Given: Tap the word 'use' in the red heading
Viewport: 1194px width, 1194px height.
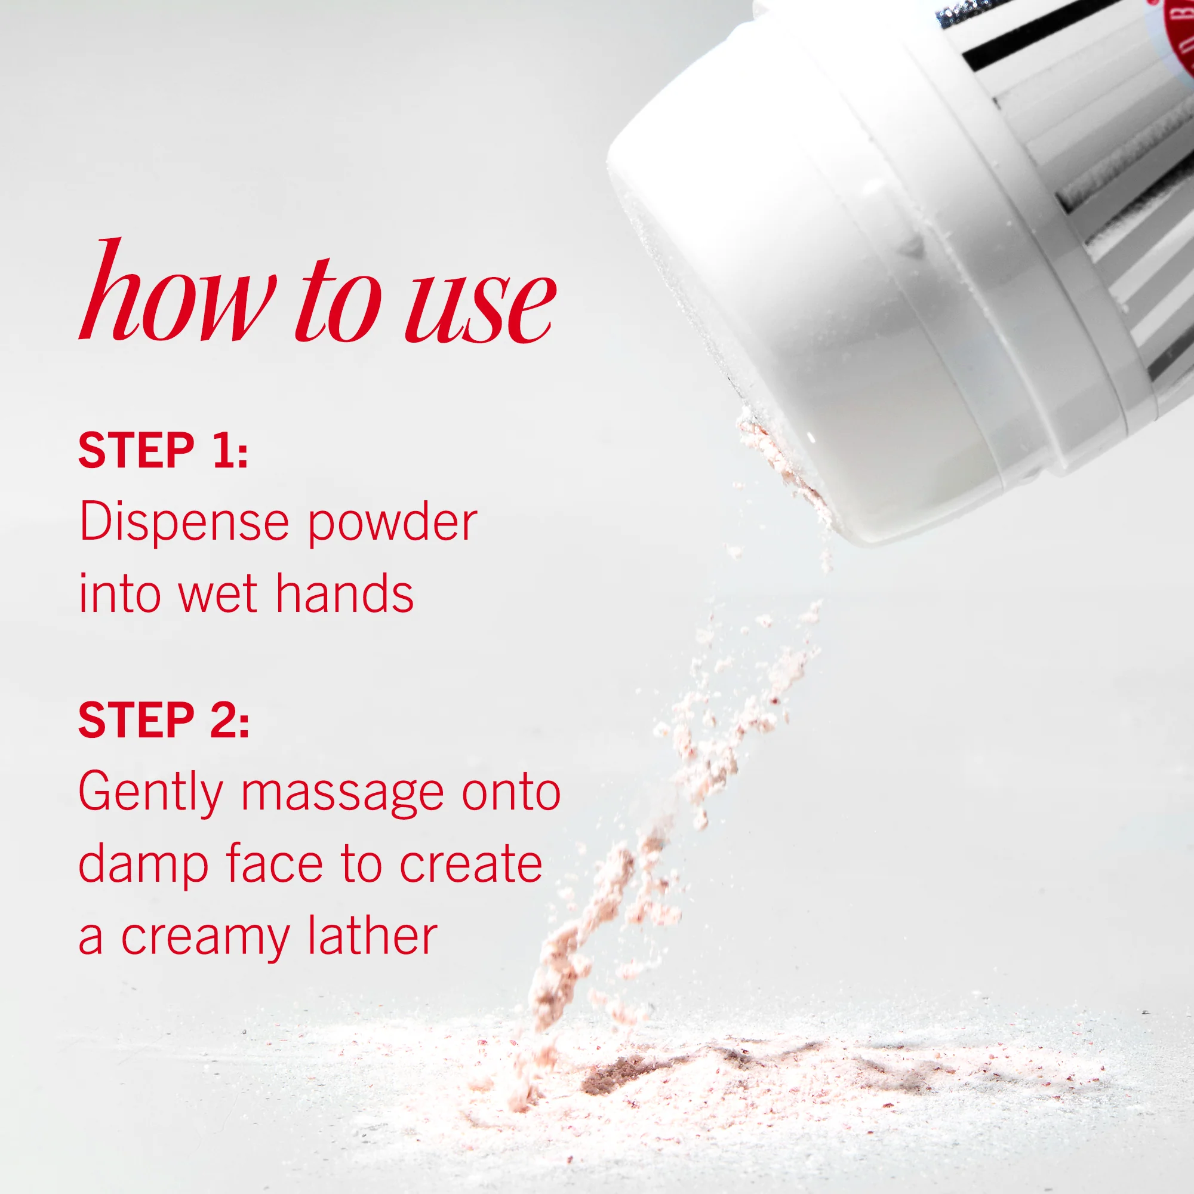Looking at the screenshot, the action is pyautogui.click(x=481, y=306).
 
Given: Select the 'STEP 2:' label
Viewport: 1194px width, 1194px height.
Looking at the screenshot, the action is pyautogui.click(x=164, y=720).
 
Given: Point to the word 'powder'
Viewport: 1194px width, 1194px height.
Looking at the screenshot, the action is pyautogui.click(x=392, y=524).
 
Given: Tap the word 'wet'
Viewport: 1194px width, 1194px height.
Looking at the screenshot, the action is pyautogui.click(x=217, y=595).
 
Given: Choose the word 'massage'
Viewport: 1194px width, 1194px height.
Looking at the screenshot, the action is pyautogui.click(x=342, y=796).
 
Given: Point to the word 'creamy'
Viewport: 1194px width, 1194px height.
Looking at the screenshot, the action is pyautogui.click(x=205, y=938).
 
